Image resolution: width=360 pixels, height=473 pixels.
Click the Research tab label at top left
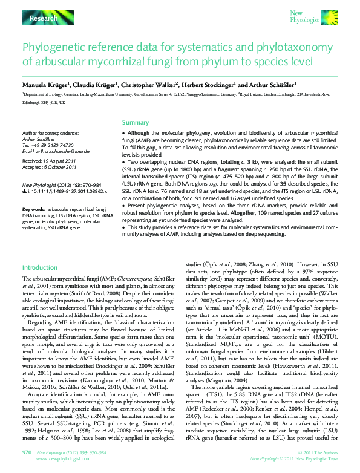click(x=44, y=18)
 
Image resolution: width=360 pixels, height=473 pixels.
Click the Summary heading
click(x=136, y=122)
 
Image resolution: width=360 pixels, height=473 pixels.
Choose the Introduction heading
click(x=40, y=267)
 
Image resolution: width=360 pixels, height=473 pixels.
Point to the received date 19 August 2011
click(x=61, y=161)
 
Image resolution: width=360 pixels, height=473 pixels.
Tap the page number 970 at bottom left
click(x=27, y=452)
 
